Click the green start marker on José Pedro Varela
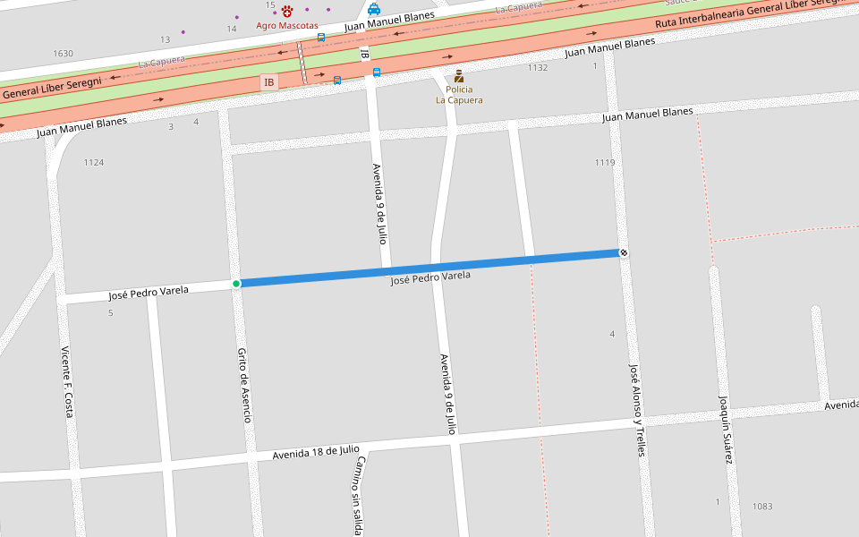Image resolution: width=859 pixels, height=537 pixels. click(236, 284)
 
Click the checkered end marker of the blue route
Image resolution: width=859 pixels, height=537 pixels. click(624, 253)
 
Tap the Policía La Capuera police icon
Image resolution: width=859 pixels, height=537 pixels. click(459, 76)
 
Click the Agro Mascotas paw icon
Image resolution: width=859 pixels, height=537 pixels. click(287, 12)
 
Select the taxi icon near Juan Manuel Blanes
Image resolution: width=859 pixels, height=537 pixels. click(374, 9)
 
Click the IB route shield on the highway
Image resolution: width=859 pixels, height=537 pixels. click(268, 82)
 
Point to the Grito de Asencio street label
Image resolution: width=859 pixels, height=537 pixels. click(244, 385)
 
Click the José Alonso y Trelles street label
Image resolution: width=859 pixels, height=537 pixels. click(636, 410)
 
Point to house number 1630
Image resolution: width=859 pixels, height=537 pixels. click(63, 54)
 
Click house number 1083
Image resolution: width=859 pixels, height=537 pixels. click(762, 507)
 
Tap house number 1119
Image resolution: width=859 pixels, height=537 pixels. click(605, 162)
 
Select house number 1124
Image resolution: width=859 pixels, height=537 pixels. click(94, 162)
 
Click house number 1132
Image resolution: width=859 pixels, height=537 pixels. click(537, 68)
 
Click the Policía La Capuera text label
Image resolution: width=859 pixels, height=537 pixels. click(459, 95)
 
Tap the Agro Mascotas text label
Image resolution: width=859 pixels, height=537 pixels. click(286, 25)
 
